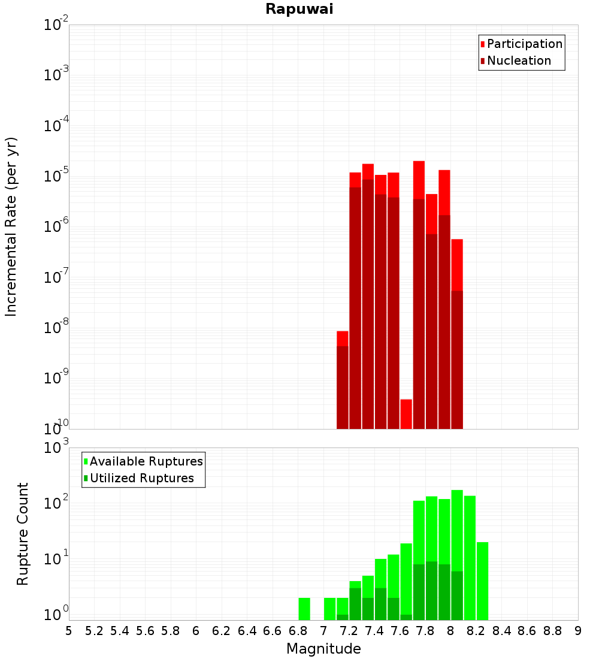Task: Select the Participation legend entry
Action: (x=524, y=44)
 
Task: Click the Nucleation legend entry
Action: (x=519, y=61)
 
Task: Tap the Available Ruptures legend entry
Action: (x=146, y=461)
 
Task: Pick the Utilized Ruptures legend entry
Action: (x=141, y=478)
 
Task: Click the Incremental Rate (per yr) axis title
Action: (x=11, y=226)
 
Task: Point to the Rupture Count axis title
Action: (x=23, y=534)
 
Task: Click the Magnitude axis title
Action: (x=323, y=649)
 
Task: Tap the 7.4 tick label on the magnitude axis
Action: (x=374, y=631)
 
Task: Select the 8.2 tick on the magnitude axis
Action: (x=476, y=631)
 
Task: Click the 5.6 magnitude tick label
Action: (x=145, y=631)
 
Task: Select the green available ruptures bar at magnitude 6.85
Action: (x=304, y=609)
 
